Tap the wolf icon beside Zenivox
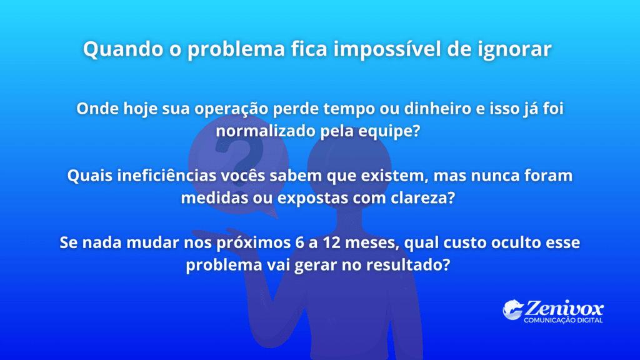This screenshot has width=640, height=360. click(x=512, y=310)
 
